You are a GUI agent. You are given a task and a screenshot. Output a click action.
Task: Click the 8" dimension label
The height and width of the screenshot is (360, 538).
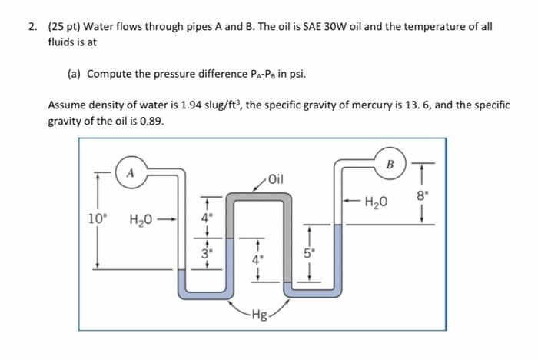tap(419, 195)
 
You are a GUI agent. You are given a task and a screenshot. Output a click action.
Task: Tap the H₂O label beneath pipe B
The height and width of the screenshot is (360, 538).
tap(377, 202)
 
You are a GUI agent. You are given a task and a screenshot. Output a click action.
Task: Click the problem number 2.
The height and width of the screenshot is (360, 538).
tap(33, 26)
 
